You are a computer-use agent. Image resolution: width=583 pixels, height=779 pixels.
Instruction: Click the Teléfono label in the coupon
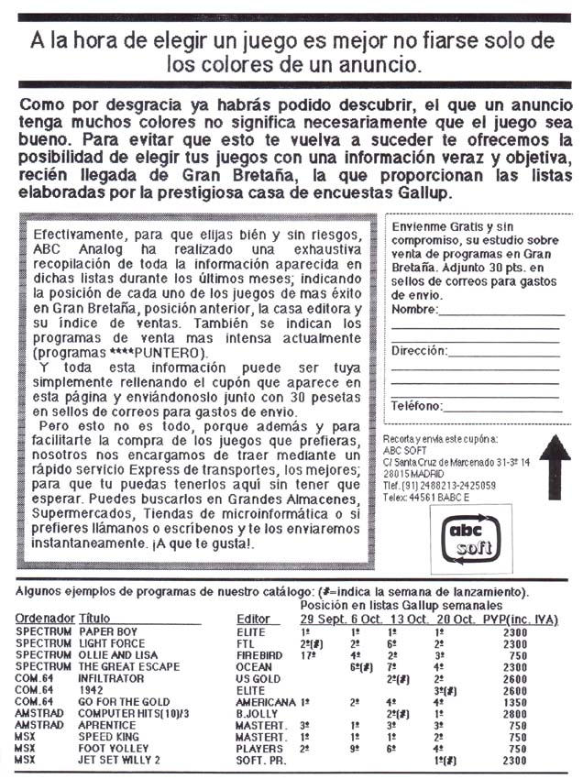point(418,405)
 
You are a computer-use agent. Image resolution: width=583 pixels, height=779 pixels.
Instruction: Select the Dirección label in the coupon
point(420,350)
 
